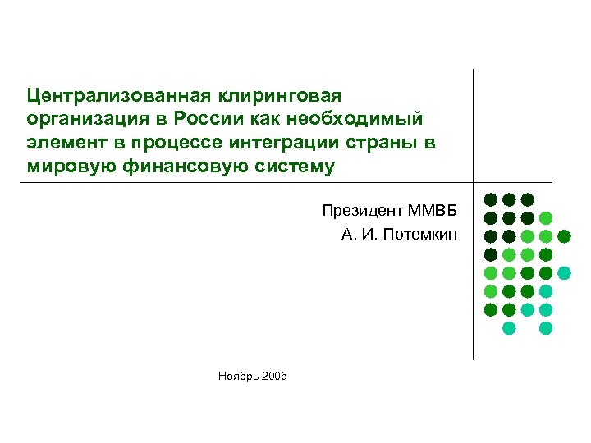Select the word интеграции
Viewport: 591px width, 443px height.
point(281,143)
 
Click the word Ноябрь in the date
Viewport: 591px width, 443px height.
point(236,377)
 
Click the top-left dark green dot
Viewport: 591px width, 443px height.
point(491,199)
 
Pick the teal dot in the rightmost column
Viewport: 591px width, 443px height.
point(565,273)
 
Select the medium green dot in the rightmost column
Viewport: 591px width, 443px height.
point(565,236)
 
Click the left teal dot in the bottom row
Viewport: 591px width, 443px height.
point(509,328)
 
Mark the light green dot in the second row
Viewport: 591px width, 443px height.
point(546,218)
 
